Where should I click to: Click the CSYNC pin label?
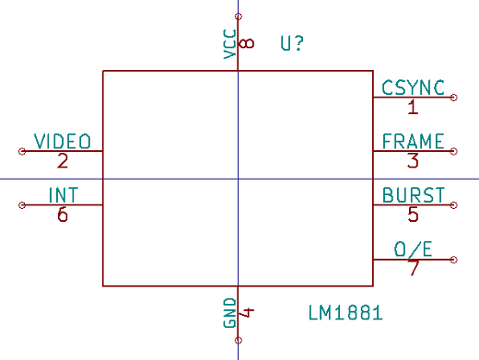point(414,87)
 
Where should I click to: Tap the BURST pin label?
point(414,195)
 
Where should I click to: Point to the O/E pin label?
point(414,250)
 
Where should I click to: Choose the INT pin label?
point(63,195)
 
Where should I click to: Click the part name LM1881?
point(346,314)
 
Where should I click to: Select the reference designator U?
point(292,43)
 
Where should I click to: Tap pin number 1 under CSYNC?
point(413,107)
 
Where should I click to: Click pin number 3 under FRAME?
point(413,161)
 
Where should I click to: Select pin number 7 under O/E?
point(414,269)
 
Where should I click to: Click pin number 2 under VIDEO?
point(63,161)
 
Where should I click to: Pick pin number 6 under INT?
point(63,215)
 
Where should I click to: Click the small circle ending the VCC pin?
point(239,17)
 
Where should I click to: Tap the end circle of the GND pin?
point(239,341)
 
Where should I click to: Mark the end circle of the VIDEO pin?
point(21,151)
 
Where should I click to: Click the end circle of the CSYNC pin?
point(454,97)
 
